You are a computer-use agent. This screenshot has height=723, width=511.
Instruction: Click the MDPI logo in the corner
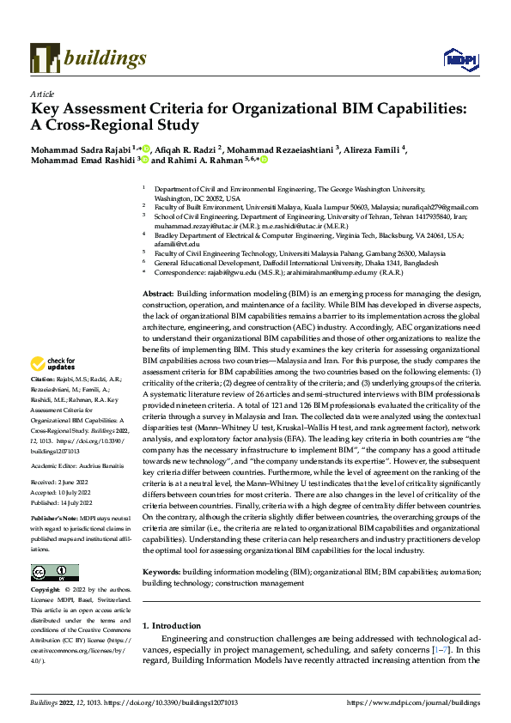pos(458,58)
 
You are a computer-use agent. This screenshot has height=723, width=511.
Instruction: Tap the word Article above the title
pos(41,94)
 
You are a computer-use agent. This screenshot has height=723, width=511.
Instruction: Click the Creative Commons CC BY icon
pos(54,573)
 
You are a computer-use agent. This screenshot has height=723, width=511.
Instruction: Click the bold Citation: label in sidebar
pos(43,402)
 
